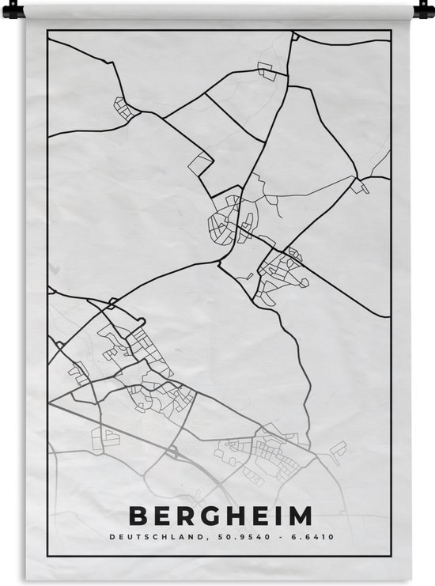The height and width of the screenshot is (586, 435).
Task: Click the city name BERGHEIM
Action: pyautogui.click(x=220, y=516)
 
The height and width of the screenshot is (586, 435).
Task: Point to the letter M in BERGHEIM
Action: pyautogui.click(x=300, y=516)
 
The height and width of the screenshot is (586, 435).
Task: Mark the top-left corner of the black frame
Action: pyautogui.click(x=47, y=31)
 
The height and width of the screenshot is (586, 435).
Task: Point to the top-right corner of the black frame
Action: pyautogui.click(x=391, y=31)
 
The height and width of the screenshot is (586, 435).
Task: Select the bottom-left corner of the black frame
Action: pyautogui.click(x=47, y=554)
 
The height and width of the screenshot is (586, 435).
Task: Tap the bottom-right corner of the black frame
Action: pyautogui.click(x=391, y=554)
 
